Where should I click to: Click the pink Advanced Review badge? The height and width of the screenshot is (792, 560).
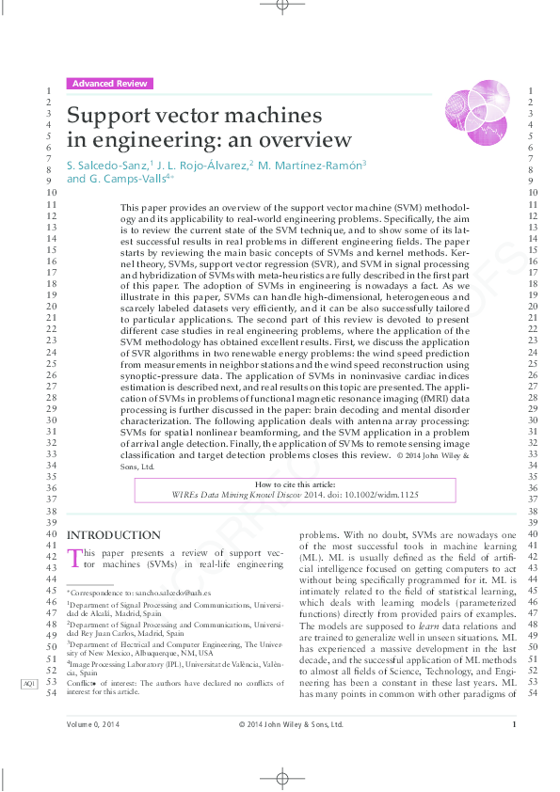[109, 84]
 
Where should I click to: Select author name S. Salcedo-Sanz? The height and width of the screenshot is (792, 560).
[113, 165]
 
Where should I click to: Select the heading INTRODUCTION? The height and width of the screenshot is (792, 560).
[114, 535]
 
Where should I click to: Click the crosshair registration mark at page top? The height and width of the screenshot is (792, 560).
[280, 6]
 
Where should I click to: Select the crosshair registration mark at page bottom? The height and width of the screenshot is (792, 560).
[280, 778]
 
